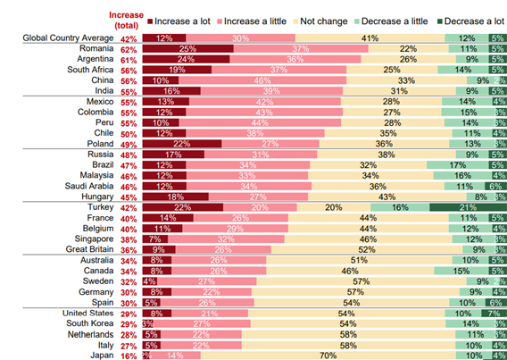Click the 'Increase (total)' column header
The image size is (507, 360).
pos(126,19)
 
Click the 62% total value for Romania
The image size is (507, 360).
pos(128,49)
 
